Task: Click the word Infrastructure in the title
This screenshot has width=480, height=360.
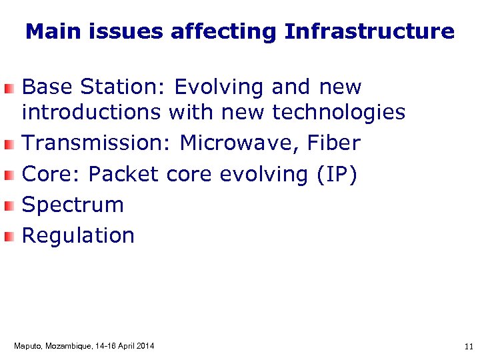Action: point(369,31)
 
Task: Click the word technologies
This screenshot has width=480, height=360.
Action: point(339,113)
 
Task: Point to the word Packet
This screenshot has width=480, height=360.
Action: point(124,174)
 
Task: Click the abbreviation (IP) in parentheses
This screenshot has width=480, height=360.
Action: point(337,174)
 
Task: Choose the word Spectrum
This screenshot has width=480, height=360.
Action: point(73,205)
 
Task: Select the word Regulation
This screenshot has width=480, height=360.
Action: point(78,235)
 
